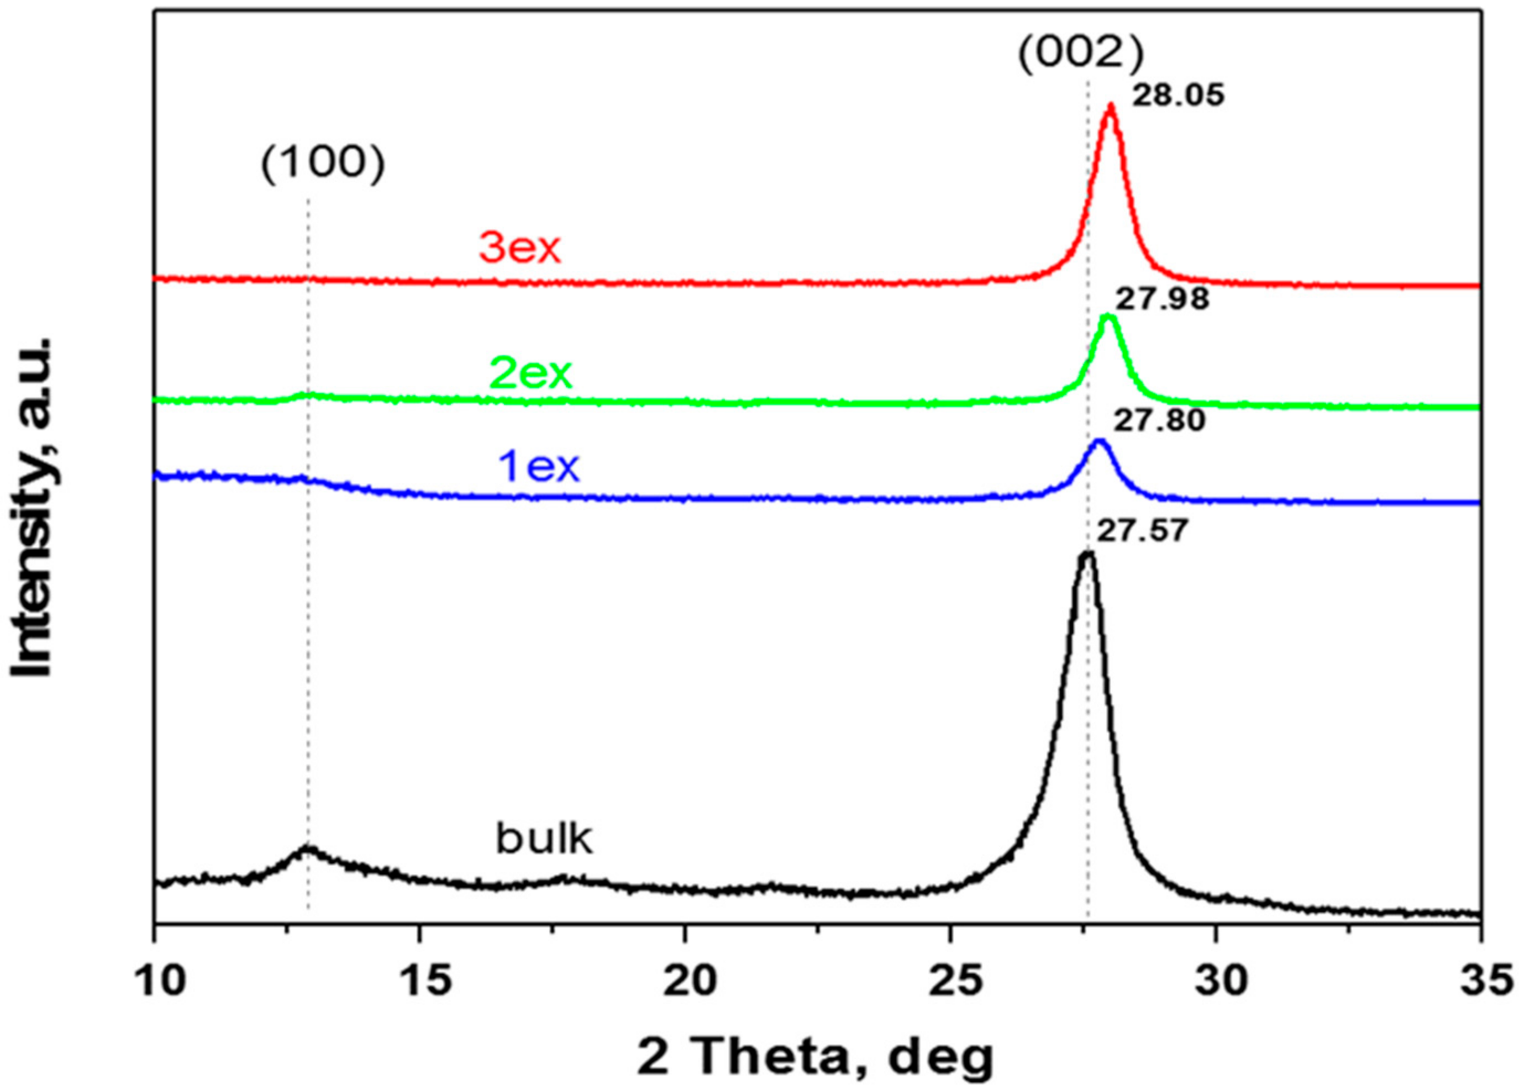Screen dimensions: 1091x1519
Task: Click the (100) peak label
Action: coord(323,165)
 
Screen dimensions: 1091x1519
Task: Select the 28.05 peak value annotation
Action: coord(1178,95)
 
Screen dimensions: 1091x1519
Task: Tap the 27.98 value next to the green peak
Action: coord(1163,299)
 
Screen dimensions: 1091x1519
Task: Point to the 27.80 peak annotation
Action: coord(1159,421)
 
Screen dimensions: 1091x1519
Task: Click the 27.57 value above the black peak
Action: coord(1143,532)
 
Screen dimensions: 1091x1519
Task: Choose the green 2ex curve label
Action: coord(531,374)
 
